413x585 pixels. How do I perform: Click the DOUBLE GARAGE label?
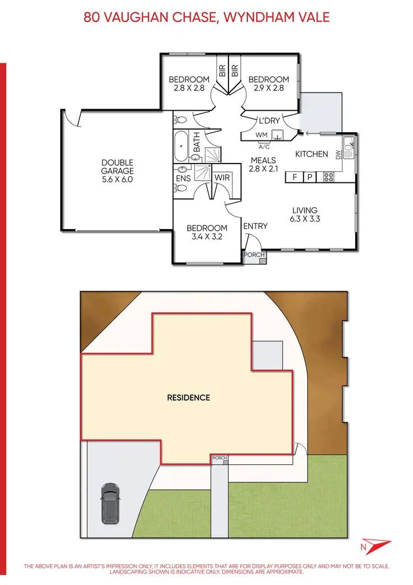tap(117, 171)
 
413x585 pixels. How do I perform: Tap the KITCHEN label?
tap(311, 154)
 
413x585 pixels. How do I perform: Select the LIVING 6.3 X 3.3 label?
tap(305, 214)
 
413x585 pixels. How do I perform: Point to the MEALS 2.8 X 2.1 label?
tap(263, 165)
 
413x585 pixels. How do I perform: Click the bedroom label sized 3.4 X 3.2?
tap(206, 232)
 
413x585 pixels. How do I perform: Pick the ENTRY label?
tap(255, 226)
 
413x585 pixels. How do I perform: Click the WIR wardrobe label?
tap(222, 178)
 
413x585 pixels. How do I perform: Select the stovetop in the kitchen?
tap(328, 177)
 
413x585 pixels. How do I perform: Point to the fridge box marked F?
tap(295, 177)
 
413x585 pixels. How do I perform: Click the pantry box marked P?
tap(309, 177)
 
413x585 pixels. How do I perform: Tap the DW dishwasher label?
tap(338, 156)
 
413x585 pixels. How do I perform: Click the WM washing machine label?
tap(261, 134)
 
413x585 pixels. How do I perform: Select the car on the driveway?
tap(110, 503)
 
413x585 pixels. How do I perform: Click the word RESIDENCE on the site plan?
tap(188, 397)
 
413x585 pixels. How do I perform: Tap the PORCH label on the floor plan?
tap(255, 255)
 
